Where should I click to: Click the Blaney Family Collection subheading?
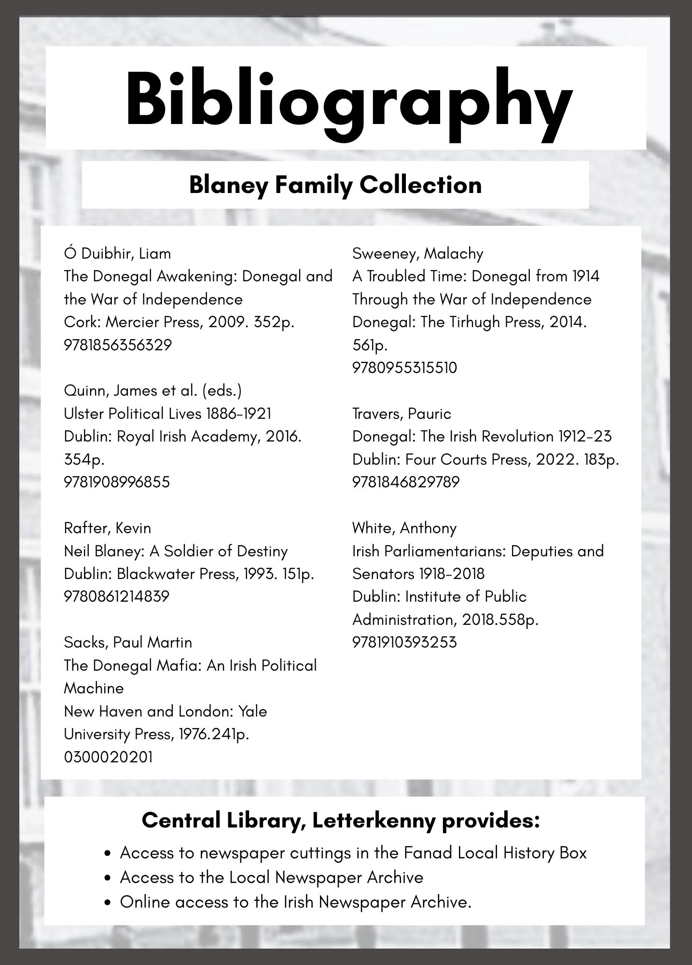(335, 185)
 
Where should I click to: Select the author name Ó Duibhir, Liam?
(117, 253)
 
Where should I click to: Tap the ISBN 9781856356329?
(118, 345)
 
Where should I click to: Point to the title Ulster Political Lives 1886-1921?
(167, 414)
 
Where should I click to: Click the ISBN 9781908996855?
(117, 482)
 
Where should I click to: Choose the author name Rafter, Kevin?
(107, 528)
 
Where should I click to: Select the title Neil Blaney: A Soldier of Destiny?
(176, 551)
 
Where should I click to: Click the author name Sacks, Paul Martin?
(128, 642)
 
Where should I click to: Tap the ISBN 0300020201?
(108, 757)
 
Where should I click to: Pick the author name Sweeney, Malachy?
(417, 253)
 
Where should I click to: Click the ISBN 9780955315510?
(404, 368)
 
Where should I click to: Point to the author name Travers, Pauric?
(401, 414)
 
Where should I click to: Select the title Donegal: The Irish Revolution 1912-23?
(482, 436)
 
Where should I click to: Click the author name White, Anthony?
(404, 528)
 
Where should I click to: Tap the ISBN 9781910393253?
(404, 642)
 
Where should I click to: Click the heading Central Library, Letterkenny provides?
(341, 820)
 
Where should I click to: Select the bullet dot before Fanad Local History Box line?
(109, 854)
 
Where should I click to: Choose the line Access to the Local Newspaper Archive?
(271, 877)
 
